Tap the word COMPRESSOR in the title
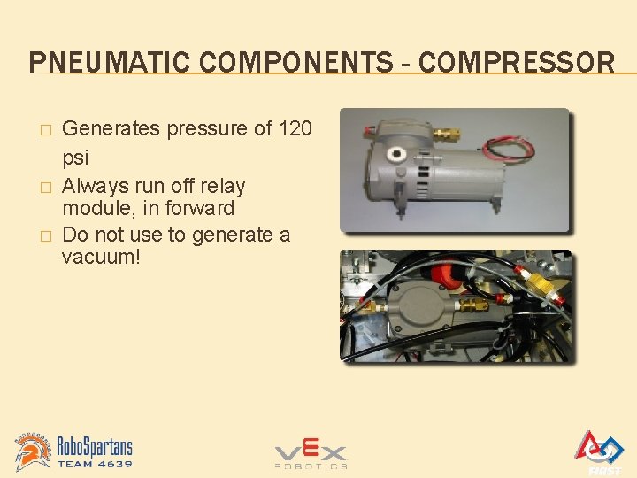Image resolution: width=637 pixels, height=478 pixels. [x=517, y=63]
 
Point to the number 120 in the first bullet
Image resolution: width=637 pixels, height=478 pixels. [x=295, y=129]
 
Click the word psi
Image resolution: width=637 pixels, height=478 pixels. [x=75, y=158]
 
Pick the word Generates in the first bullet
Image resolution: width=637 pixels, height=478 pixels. [x=111, y=129]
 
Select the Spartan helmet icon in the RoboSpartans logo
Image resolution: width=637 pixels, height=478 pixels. [x=34, y=451]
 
